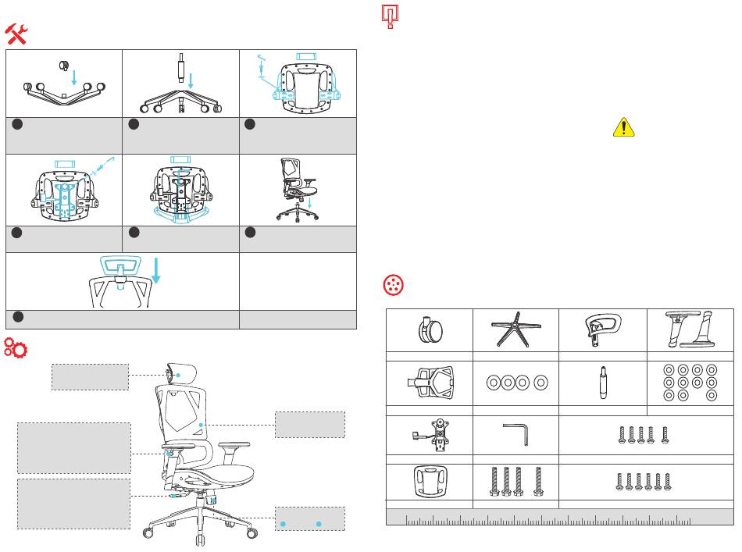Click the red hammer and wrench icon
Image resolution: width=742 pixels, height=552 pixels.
click(x=17, y=33)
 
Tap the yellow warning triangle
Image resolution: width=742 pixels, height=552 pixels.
click(x=622, y=126)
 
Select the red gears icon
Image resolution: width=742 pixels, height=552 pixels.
click(x=16, y=347)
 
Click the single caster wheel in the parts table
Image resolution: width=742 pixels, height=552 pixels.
click(x=429, y=330)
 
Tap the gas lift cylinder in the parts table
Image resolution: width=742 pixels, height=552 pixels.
click(x=603, y=383)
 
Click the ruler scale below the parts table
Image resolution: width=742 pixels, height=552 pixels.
click(x=559, y=518)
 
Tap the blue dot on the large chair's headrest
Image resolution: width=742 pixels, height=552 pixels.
click(x=178, y=376)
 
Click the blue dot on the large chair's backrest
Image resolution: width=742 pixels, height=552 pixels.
click(x=202, y=425)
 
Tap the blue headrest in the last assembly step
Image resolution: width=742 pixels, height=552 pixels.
click(x=120, y=266)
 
